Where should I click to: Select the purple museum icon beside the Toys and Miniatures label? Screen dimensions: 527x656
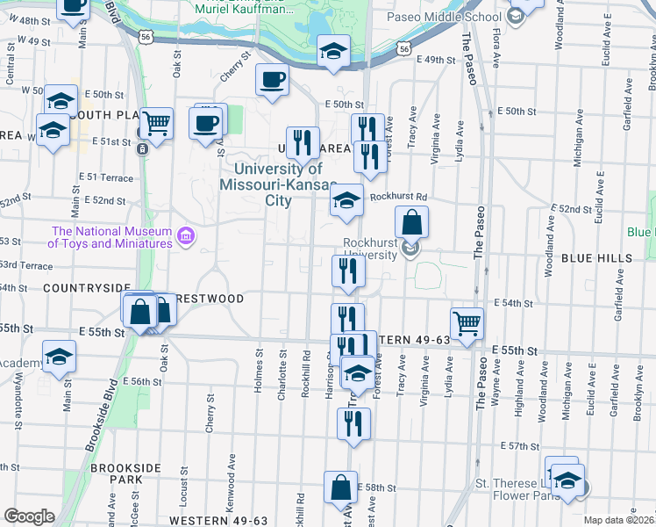pos(186,236)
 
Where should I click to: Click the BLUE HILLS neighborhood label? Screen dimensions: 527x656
pos(596,258)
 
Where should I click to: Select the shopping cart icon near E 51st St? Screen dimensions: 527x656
pos(155,124)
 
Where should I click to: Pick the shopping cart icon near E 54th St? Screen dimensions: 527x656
pos(467,322)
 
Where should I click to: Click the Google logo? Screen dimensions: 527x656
pos(28,516)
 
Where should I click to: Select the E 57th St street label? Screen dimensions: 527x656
pos(519,447)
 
